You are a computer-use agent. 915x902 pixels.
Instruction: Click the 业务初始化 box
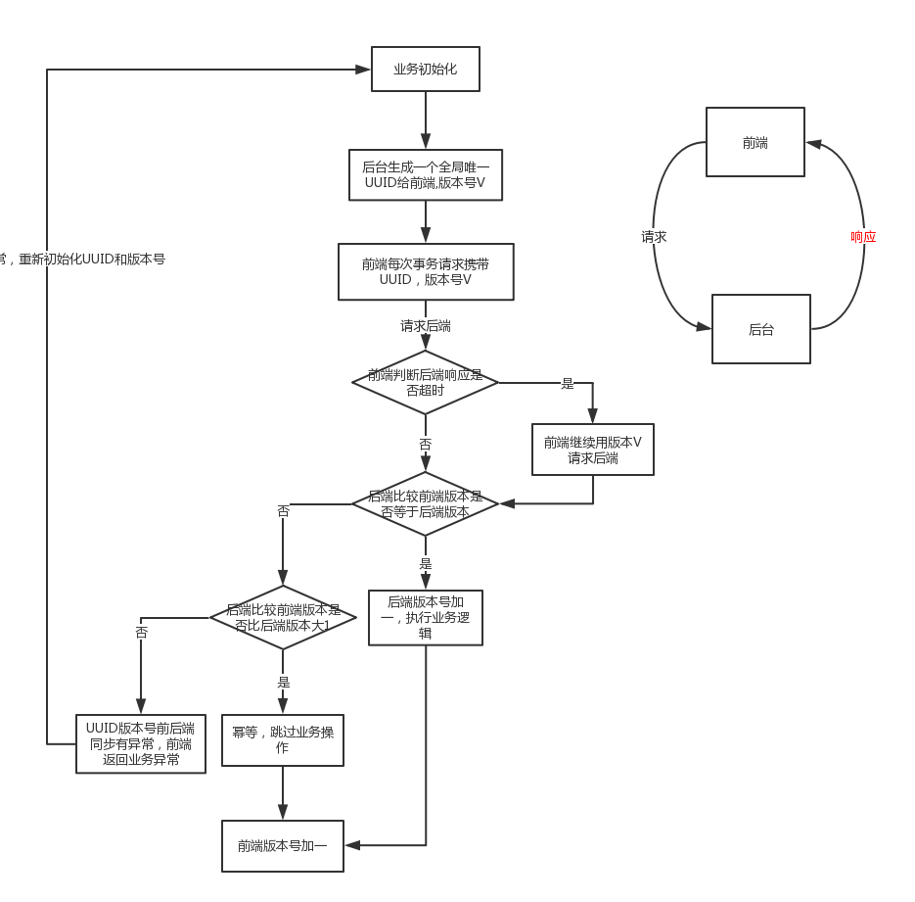pos(426,70)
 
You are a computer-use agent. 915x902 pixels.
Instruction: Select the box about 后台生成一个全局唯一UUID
pos(426,175)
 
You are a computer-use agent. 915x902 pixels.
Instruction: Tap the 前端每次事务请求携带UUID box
pos(426,271)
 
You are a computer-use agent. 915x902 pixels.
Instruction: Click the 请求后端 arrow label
pos(426,326)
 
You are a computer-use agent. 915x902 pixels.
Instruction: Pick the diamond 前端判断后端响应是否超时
pos(426,383)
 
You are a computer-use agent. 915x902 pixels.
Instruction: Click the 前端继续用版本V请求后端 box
pos(593,450)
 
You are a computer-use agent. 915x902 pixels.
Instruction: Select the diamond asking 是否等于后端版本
pos(426,503)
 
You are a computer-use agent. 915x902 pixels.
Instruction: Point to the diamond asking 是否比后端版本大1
pos(283,617)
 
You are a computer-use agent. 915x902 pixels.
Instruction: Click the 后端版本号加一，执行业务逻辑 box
pos(426,617)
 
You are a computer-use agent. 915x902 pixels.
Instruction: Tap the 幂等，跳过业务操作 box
pos(283,739)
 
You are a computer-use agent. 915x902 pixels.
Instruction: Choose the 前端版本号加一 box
pos(283,846)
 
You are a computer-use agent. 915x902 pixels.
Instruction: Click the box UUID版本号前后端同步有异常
pos(141,743)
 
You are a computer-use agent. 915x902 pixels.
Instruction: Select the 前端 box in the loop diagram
pos(755,143)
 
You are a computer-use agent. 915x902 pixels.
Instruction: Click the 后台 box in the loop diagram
pos(761,330)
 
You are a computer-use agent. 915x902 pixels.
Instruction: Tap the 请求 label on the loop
pos(654,237)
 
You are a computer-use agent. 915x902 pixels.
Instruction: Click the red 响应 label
pos(863,237)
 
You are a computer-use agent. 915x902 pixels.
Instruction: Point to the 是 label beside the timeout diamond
pos(567,383)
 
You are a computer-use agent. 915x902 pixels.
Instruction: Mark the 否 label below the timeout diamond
pos(426,445)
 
